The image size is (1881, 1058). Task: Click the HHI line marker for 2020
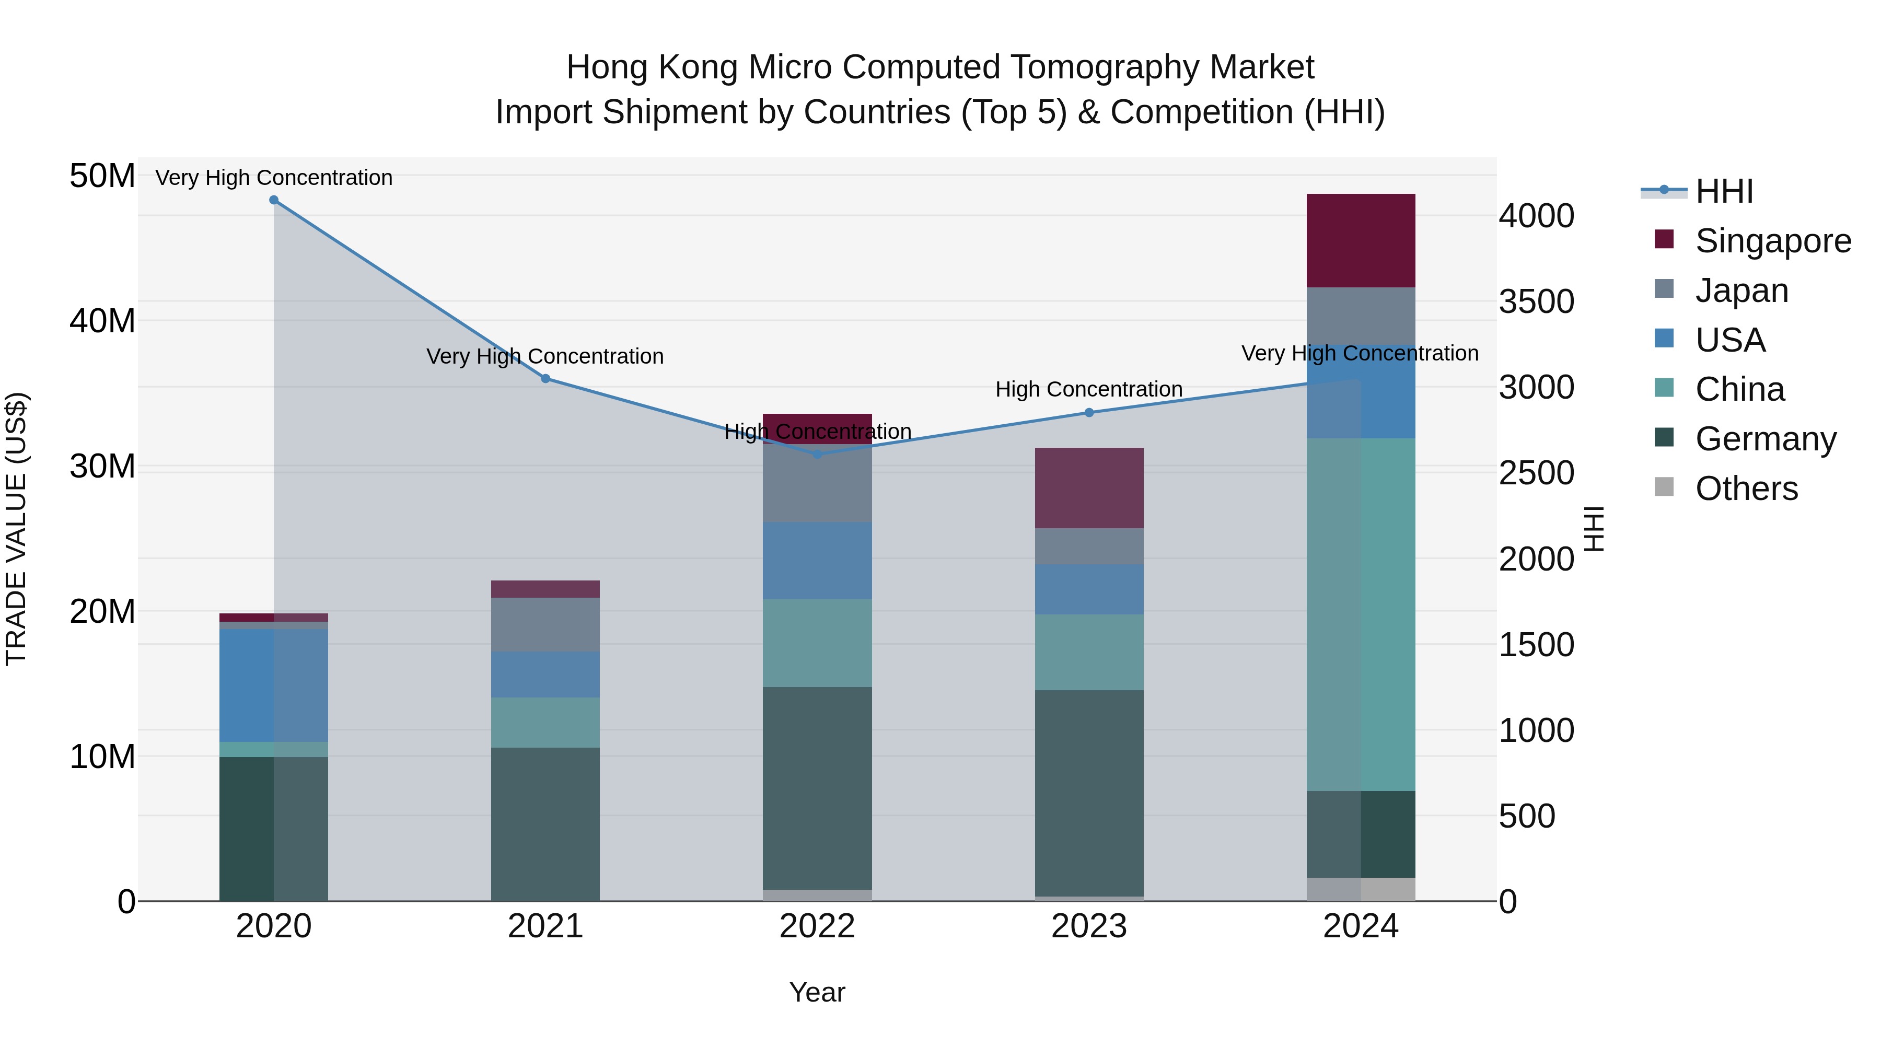click(x=274, y=200)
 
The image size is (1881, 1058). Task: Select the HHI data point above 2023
click(x=1089, y=413)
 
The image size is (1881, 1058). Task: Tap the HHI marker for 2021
click(x=545, y=379)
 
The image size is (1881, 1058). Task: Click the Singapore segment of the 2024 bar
click(x=1361, y=241)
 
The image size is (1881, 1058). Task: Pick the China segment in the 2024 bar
click(x=1361, y=614)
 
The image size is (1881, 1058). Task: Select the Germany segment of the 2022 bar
click(x=817, y=788)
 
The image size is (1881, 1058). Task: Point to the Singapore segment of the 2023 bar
click(x=1089, y=488)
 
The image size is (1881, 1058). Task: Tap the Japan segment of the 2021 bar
click(x=545, y=624)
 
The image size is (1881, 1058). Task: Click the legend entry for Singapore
click(x=1773, y=241)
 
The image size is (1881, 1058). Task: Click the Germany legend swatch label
click(x=1765, y=439)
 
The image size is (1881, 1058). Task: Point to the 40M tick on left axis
click(x=102, y=321)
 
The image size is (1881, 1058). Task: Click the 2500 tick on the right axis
click(x=1536, y=473)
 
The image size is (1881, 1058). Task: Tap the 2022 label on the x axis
click(x=817, y=926)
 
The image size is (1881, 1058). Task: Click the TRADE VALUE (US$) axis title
click(x=16, y=529)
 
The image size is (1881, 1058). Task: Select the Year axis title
click(x=817, y=992)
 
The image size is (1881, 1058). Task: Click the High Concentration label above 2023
click(x=1089, y=389)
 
